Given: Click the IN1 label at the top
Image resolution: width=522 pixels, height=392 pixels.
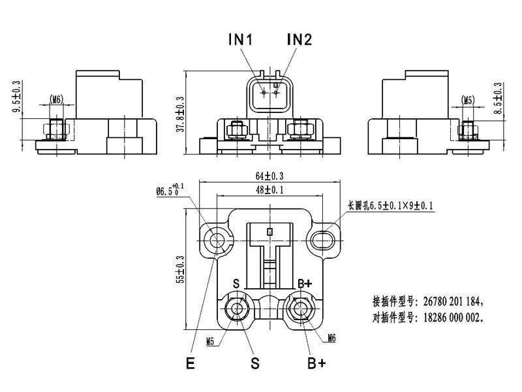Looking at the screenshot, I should click(240, 40).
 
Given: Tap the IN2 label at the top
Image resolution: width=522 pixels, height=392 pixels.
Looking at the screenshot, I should click(299, 40).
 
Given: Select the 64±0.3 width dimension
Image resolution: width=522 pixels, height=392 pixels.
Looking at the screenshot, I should click(269, 176).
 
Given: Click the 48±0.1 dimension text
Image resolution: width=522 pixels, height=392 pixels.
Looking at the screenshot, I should click(269, 189).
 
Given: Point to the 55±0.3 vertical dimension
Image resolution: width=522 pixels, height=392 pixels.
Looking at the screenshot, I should click(181, 268).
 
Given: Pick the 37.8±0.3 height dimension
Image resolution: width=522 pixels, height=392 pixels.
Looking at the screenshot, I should click(181, 114).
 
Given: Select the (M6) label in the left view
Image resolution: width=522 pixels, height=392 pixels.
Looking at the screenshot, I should click(56, 100).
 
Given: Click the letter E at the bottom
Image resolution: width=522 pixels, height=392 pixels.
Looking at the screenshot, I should click(190, 364).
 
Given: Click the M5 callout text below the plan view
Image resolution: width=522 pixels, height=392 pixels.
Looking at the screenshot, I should click(210, 341).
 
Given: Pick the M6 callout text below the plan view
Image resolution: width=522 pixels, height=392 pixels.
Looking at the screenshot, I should click(333, 338).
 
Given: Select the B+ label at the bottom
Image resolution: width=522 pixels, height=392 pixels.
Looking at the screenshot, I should click(316, 363).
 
